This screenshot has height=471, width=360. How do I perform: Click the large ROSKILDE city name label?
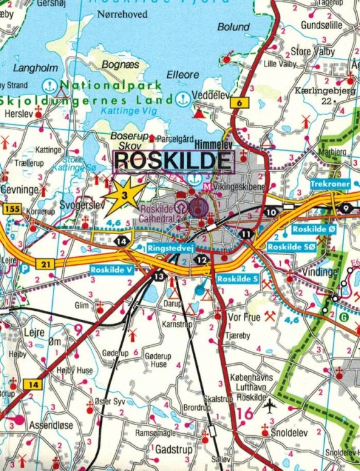tap(173, 161)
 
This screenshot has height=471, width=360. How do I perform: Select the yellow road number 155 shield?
tap(11, 207)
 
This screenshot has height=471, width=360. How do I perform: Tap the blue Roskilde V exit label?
tap(112, 269)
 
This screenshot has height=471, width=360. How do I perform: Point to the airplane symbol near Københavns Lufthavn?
tap(270, 406)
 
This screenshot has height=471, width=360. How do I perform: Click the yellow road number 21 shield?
tap(46, 265)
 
